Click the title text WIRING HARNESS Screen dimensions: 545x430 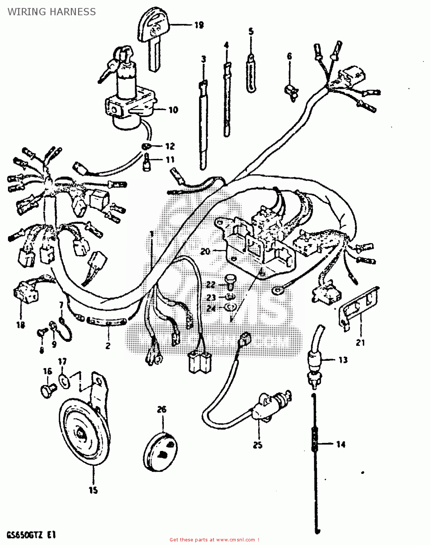52,12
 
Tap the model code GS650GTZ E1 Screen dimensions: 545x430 32,534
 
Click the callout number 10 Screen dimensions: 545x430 173,110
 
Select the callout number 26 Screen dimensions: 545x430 162,409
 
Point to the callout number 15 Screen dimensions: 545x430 93,490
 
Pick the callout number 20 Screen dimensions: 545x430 205,251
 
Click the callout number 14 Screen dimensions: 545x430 340,444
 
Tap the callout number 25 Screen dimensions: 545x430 257,445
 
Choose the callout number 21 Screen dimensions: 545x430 360,342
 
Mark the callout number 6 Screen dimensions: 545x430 289,56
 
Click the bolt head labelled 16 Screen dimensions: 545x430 47,391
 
